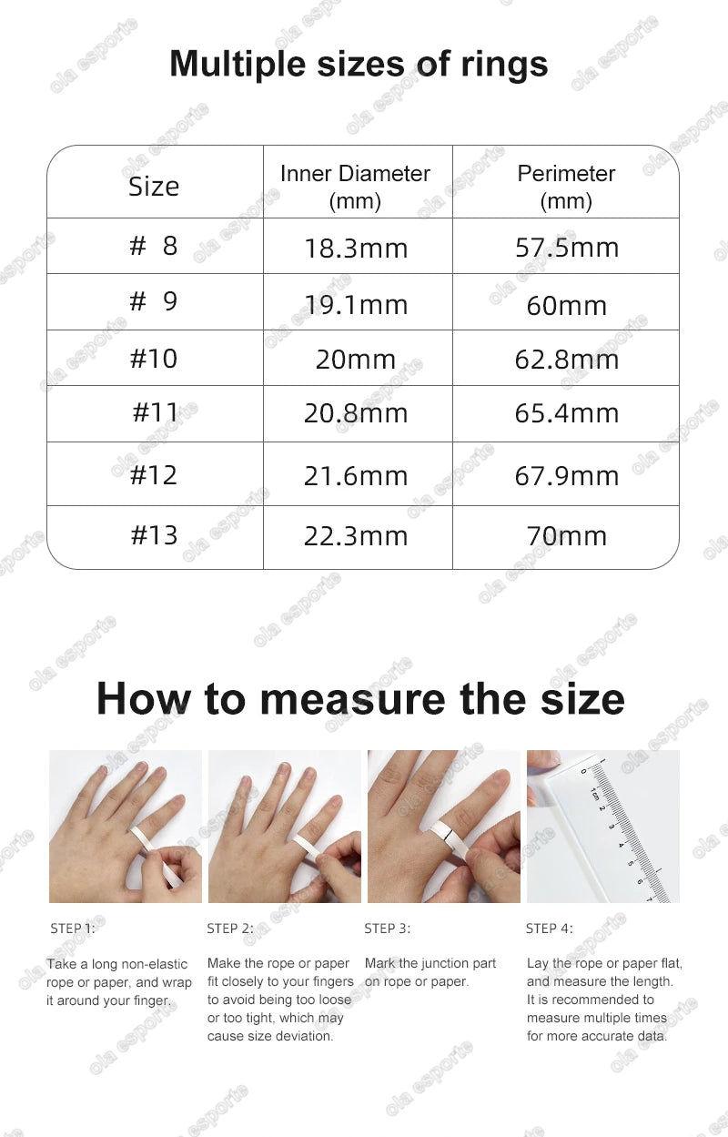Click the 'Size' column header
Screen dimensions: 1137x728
(154, 187)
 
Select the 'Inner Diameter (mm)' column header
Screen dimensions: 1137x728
(355, 187)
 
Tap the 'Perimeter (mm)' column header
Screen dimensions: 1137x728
(566, 187)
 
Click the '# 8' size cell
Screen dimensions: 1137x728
(154, 246)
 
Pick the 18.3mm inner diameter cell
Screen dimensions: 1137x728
(356, 249)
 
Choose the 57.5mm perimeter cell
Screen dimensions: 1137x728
(567, 248)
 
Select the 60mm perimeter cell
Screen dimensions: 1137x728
(567, 305)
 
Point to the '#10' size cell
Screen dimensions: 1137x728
(154, 359)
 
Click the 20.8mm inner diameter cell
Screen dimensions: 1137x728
(356, 414)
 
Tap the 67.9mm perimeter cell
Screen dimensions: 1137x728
(567, 476)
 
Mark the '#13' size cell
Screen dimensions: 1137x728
(154, 535)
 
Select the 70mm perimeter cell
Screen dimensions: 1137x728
(567, 536)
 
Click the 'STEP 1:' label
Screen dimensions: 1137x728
(72, 929)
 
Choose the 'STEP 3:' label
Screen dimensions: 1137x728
(387, 929)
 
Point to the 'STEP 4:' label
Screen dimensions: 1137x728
(550, 929)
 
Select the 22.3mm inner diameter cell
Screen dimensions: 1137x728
(356, 536)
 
